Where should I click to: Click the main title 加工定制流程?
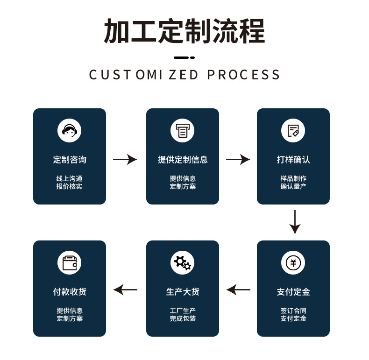[184, 31]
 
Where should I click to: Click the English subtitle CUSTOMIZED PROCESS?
[184, 75]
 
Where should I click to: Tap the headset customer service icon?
[69, 130]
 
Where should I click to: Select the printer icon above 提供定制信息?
[182, 130]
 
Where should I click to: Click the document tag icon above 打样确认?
[293, 130]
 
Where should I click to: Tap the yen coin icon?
[293, 262]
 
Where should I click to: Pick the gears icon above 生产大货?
[182, 262]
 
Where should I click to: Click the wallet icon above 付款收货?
[69, 262]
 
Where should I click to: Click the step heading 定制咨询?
[70, 160]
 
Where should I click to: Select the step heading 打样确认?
[293, 160]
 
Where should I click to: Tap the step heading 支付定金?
[293, 292]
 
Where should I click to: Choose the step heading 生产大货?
[182, 292]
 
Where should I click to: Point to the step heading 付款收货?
[70, 292]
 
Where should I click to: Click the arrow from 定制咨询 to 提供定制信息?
[125, 160]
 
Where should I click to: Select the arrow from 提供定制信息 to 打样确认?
[238, 160]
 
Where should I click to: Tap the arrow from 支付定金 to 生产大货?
[238, 290]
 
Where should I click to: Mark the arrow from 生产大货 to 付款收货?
[125, 290]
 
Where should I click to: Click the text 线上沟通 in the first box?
[70, 178]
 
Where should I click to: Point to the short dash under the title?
[184, 58]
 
